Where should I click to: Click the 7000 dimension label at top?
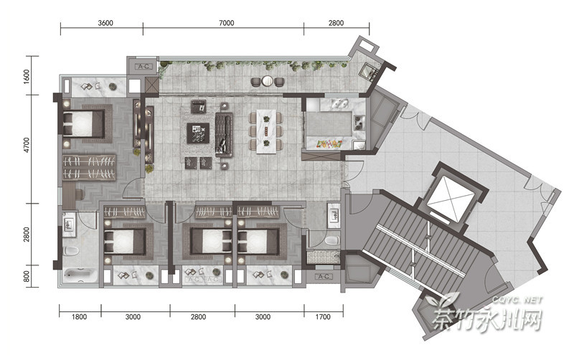pyautogui.click(x=226, y=23)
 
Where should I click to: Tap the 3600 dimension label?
pyautogui.click(x=105, y=23)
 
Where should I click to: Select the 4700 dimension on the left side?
pyautogui.click(x=27, y=146)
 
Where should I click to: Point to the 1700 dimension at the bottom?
pyautogui.click(x=323, y=317)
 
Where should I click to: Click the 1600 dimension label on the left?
pyautogui.click(x=27, y=77)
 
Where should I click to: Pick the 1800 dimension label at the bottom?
pyautogui.click(x=79, y=317)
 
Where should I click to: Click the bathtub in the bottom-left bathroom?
pyautogui.click(x=80, y=275)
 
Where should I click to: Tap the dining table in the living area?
pyautogui.click(x=266, y=131)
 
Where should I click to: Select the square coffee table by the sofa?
pyautogui.click(x=198, y=133)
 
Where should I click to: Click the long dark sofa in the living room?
pyautogui.click(x=224, y=135)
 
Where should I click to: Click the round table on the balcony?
pyautogui.click(x=268, y=81)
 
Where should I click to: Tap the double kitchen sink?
pyautogui.click(x=340, y=104)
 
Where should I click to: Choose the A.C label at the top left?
pyautogui.click(x=143, y=67)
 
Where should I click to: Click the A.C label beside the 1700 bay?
pyautogui.click(x=324, y=277)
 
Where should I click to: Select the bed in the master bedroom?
pyautogui.click(x=84, y=123)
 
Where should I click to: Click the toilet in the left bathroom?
pyautogui.click(x=71, y=251)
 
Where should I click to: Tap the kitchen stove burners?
pyautogui.click(x=359, y=123)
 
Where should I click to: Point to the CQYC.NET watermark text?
pyautogui.click(x=517, y=300)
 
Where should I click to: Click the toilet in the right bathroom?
pyautogui.click(x=332, y=240)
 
